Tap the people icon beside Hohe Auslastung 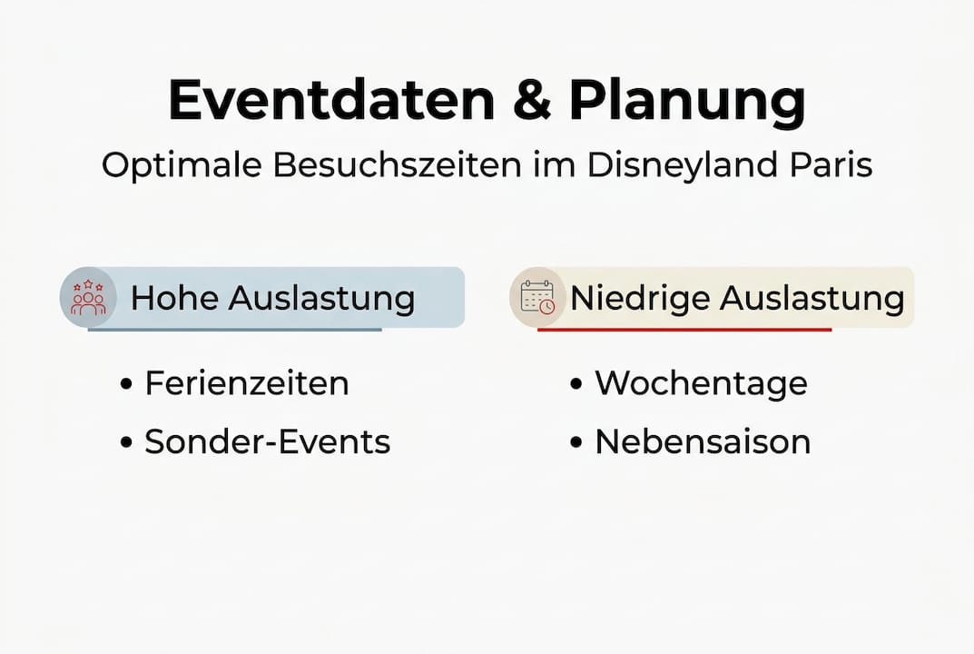88,298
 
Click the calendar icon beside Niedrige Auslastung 537,297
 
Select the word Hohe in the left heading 174,298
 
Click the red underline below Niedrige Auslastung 684,330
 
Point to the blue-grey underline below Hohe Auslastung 234,330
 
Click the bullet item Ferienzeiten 246,383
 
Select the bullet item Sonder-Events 267,442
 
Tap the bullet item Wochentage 701,383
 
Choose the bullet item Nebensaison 703,442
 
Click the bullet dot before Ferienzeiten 126,384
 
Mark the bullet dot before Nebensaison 576,443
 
